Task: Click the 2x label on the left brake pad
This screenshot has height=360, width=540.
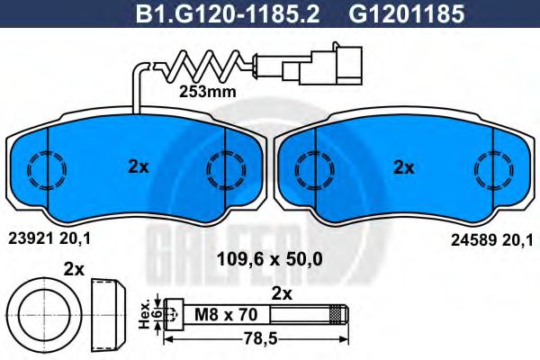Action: [137, 166]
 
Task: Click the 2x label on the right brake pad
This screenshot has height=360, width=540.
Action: [403, 166]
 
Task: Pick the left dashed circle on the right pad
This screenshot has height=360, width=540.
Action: [311, 166]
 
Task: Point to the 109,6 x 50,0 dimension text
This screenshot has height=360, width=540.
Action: [270, 258]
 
